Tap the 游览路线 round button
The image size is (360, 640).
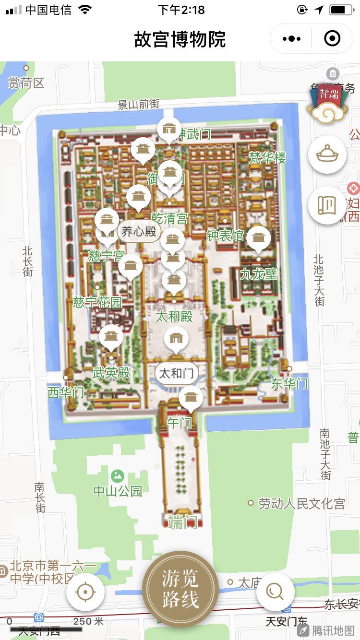(x=180, y=588)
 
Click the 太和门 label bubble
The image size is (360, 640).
(x=176, y=373)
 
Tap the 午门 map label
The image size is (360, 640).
(x=180, y=423)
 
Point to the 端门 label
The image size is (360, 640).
(x=182, y=521)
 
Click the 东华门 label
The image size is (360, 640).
(x=289, y=383)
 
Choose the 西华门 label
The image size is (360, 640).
(x=66, y=392)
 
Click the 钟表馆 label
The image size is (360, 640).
(x=225, y=236)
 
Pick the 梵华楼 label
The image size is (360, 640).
(x=267, y=157)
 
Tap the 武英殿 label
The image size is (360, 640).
(x=111, y=373)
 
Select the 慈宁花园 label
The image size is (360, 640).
(x=97, y=302)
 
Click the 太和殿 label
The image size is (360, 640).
(x=174, y=316)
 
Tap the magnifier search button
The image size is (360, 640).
(x=275, y=592)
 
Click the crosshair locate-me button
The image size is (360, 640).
(x=85, y=592)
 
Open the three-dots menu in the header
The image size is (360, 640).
(x=292, y=38)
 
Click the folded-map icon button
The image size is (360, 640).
(x=327, y=205)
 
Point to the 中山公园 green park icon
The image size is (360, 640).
(x=117, y=476)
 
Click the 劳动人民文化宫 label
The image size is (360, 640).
(x=301, y=503)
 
